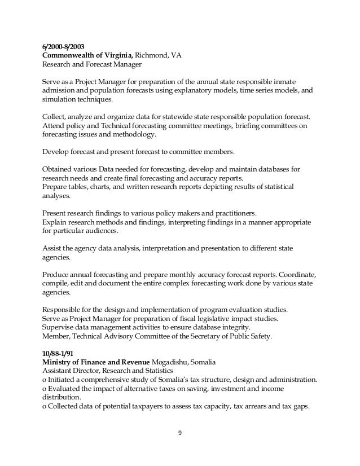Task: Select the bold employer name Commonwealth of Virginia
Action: (x=87, y=55)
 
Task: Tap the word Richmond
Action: (x=154, y=55)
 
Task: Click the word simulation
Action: (x=60, y=99)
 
